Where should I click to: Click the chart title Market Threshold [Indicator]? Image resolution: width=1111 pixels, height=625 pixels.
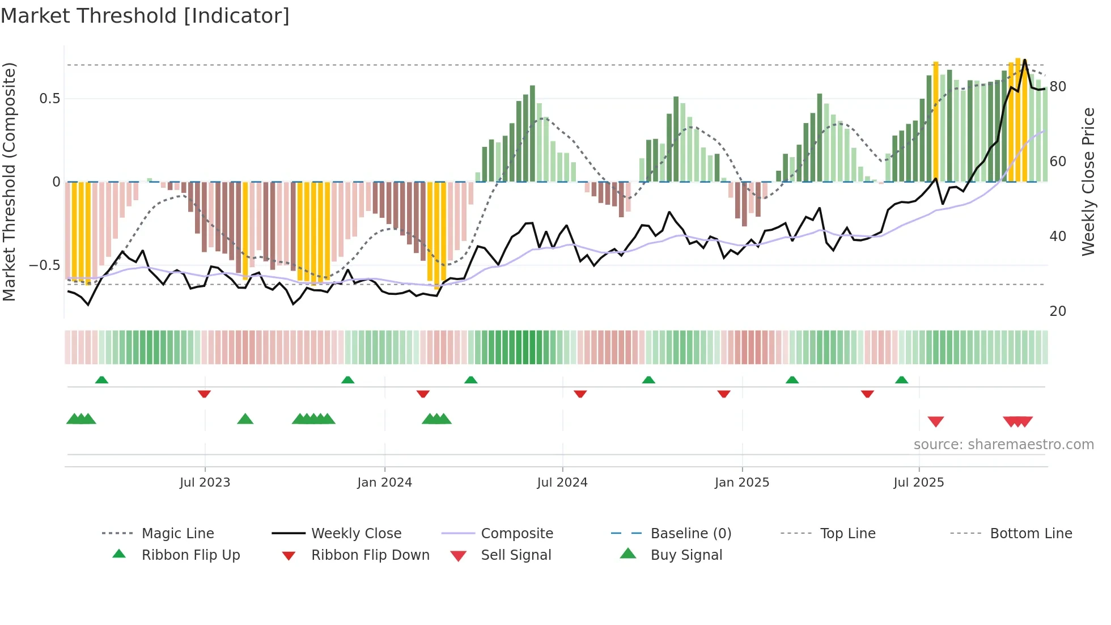145,16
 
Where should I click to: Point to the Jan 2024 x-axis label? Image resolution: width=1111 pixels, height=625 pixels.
384,483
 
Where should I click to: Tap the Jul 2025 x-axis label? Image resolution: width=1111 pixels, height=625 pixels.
918,483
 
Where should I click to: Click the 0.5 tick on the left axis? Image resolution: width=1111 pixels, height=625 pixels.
50,99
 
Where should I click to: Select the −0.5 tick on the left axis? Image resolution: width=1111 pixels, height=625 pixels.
45,265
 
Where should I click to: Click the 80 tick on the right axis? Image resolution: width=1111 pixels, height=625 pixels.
1058,87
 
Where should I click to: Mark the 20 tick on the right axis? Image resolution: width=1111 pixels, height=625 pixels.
1058,311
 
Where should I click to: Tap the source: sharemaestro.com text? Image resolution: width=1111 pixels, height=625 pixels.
1003,445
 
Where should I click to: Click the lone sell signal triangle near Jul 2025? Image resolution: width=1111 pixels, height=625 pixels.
936,421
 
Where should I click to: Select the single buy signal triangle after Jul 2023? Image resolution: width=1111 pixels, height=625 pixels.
245,419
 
